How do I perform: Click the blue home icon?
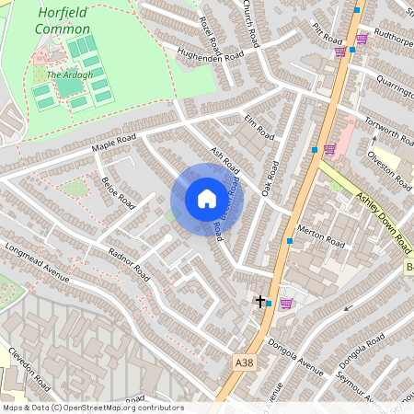coord(206,198)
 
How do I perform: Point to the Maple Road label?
coord(113,144)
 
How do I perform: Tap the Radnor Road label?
coord(128,265)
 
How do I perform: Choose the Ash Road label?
coord(224,162)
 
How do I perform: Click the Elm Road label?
coord(260,126)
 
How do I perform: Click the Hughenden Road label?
coord(210,56)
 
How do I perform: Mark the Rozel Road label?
coord(210,31)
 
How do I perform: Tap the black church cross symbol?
coord(260,301)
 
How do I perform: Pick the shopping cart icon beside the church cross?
coord(285,303)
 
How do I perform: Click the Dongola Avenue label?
coord(296,359)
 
